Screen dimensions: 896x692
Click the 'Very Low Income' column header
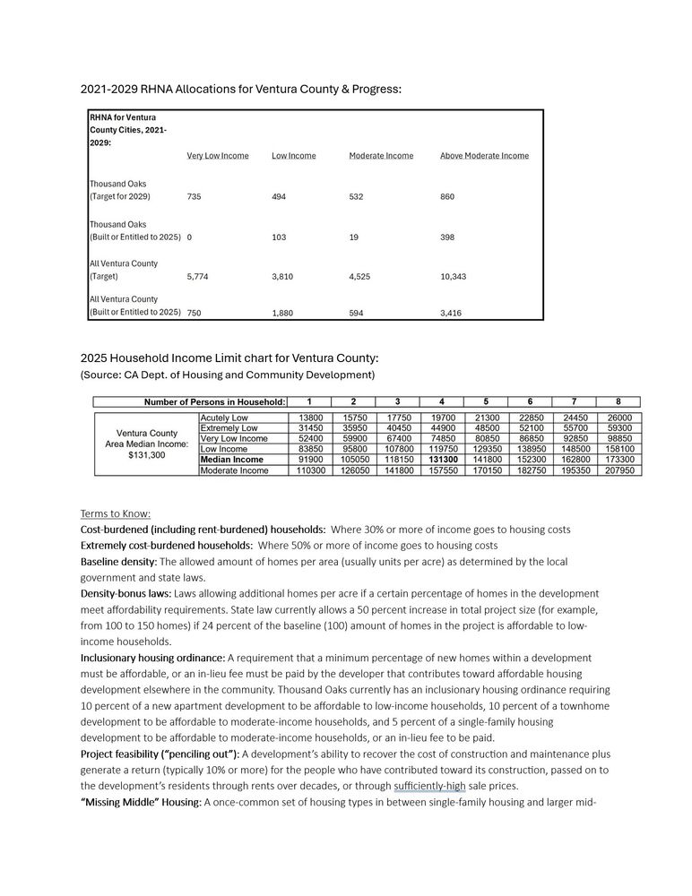tap(217, 156)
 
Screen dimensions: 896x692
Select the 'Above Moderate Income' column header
tap(484, 156)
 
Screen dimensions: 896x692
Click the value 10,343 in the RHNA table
tap(454, 277)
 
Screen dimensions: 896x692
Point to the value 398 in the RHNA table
tap(449, 237)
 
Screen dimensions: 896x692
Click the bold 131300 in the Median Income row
tap(444, 460)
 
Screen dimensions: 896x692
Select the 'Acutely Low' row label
tap(224, 418)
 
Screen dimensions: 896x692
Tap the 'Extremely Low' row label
tap(229, 428)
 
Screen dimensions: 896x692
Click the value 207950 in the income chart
tap(618, 470)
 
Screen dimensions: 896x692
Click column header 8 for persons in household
tap(618, 401)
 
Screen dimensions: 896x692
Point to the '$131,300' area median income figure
tap(146, 455)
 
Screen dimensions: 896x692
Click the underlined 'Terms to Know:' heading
tap(116, 513)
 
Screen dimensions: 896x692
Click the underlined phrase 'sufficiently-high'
tap(430, 786)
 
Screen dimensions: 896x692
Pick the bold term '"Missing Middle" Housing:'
tap(141, 802)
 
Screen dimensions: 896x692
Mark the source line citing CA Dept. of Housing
tap(228, 374)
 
